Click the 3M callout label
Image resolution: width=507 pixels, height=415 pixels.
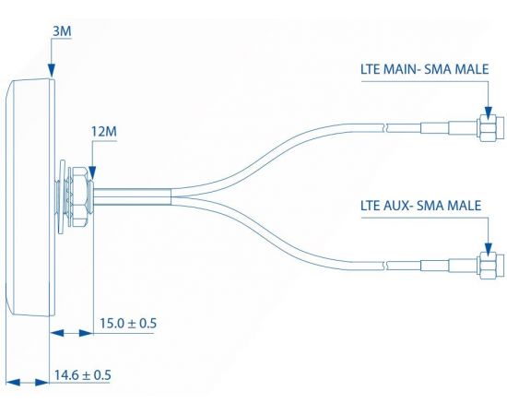point(62,31)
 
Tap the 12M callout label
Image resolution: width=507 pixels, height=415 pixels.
point(104,132)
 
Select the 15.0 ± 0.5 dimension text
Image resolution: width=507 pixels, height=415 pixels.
point(128,323)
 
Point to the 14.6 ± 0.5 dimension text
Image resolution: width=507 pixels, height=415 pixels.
point(82,375)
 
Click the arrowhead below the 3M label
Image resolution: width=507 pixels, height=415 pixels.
point(52,70)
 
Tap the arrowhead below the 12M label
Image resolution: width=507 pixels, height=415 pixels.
point(92,172)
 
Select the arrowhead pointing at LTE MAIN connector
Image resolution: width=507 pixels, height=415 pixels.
point(489,113)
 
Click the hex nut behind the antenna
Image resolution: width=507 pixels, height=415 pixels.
point(79,196)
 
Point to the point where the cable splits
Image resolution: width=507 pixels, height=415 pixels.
point(171,196)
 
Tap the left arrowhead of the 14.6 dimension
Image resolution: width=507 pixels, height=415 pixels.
point(13,383)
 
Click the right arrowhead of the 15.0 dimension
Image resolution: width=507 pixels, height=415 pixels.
point(87,333)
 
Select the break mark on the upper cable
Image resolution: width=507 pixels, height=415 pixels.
point(387,127)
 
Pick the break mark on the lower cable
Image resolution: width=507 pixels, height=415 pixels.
point(387,266)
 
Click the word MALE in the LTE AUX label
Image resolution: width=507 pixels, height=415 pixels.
point(465,206)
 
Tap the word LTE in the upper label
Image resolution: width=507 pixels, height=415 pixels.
point(371,69)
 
